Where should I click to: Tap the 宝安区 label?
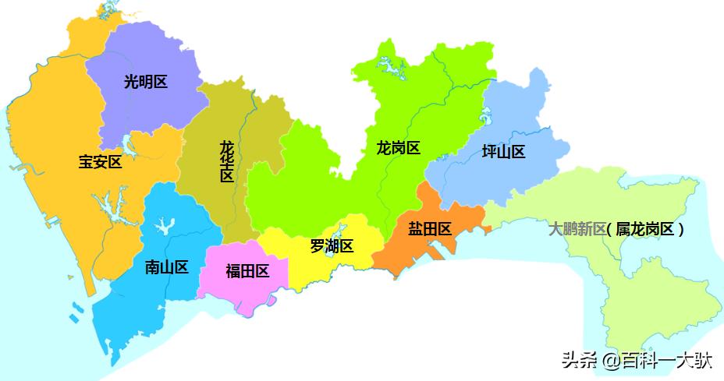tap(100, 162)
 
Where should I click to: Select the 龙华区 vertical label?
tap(226, 161)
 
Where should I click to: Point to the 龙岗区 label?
tap(398, 147)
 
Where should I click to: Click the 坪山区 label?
tap(503, 151)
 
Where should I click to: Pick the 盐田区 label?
tap(430, 229)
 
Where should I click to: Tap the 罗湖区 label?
tap(332, 246)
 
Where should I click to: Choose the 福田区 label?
tap(247, 271)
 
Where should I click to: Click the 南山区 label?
tap(167, 267)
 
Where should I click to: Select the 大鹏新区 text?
tap(577, 229)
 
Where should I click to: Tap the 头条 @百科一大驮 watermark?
tap(635, 361)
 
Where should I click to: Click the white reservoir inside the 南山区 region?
tap(163, 227)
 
